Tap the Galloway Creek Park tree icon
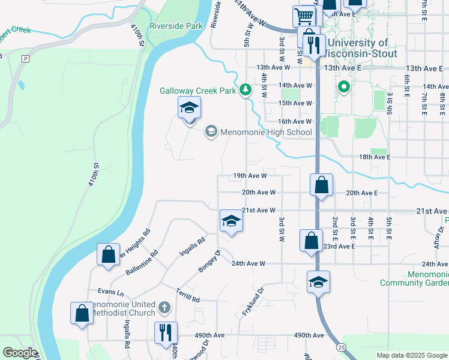245,90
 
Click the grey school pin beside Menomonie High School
211,131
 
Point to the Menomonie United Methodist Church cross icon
165,308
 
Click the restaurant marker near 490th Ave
166,331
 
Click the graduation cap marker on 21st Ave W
231,221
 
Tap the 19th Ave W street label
250,176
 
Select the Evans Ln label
111,292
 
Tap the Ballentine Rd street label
142,262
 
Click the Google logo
20,352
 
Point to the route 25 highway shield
342,347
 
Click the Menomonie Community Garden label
414,278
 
